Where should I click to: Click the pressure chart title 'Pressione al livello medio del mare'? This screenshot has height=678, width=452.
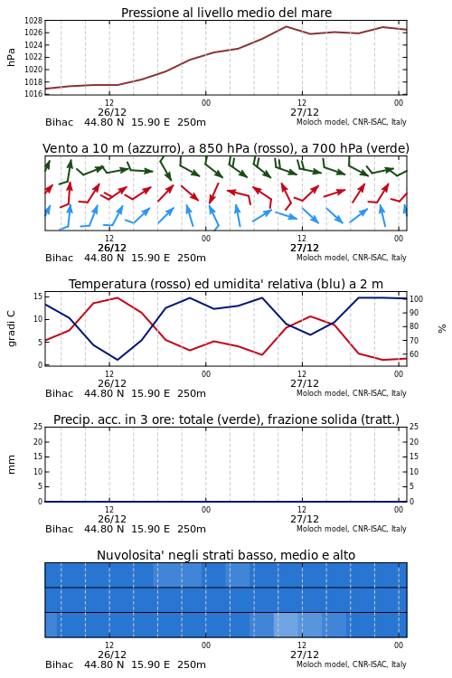[226, 13]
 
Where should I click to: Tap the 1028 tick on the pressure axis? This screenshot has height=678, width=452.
[33, 20]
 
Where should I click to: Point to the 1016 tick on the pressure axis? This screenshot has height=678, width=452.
[33, 94]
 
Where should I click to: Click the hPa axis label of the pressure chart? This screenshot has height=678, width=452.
[11, 57]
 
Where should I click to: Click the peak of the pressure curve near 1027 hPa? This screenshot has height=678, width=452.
[286, 26]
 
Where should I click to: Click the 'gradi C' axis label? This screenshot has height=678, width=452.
[11, 328]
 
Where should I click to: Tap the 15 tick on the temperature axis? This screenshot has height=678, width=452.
[38, 297]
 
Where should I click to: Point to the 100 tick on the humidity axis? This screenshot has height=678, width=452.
[416, 299]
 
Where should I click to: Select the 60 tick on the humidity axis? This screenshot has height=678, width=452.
[414, 354]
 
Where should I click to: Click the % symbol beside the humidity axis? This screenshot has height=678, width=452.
[442, 329]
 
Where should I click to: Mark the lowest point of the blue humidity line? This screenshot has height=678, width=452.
[118, 360]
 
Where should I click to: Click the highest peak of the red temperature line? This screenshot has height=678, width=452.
[118, 297]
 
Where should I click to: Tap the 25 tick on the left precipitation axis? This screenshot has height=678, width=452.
[38, 427]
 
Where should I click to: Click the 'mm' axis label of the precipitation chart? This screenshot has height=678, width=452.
[11, 465]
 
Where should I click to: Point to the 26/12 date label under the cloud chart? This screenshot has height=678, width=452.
[112, 654]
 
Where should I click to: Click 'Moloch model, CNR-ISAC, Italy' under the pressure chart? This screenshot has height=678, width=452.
[352, 122]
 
